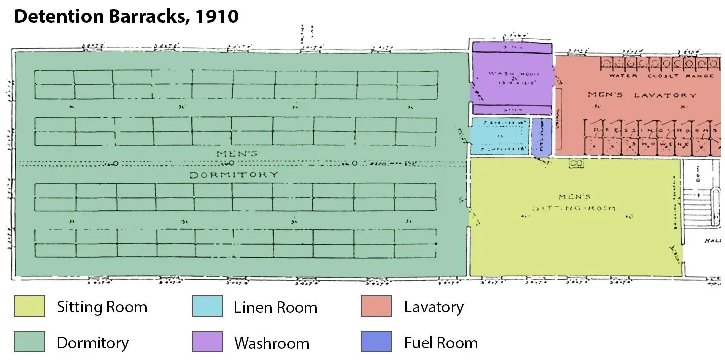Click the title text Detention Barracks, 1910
pyautogui.click(x=126, y=17)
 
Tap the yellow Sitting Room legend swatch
pyautogui.click(x=29, y=306)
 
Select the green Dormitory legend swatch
pyautogui.click(x=29, y=342)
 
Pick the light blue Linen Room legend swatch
pyautogui.click(x=207, y=306)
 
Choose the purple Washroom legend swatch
pyautogui.click(x=207, y=342)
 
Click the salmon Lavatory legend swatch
pyautogui.click(x=376, y=306)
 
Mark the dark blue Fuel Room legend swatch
pyautogui.click(x=376, y=342)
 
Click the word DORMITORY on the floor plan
pyautogui.click(x=233, y=175)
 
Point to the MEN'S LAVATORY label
pyautogui.click(x=642, y=95)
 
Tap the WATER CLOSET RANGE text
pyautogui.click(x=661, y=76)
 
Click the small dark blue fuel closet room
pyautogui.click(x=542, y=136)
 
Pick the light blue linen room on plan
pyautogui.click(x=500, y=136)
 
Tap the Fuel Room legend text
pyautogui.click(x=440, y=343)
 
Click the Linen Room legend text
pyautogui.click(x=275, y=307)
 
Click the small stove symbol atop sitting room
pyautogui.click(x=575, y=163)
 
